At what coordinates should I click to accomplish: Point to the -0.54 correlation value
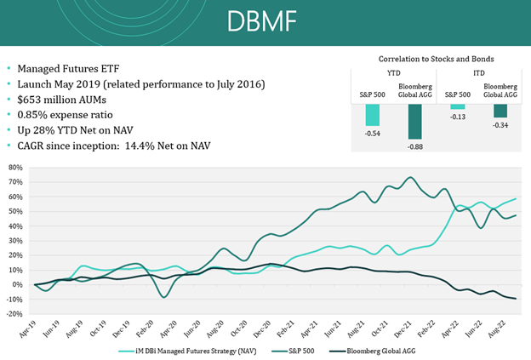(x=373, y=134)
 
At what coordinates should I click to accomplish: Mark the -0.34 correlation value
(x=500, y=125)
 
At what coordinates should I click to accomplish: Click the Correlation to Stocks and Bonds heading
(x=437, y=59)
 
